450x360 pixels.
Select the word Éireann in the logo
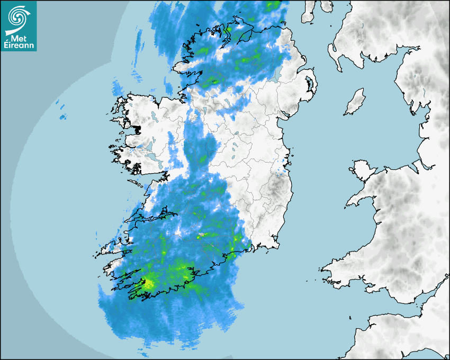18,46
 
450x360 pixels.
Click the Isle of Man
354,102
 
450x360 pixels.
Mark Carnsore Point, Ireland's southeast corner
277,245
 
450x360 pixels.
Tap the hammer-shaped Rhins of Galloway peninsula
333,50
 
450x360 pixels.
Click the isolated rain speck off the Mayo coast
62,116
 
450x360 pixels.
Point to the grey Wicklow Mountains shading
275,185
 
